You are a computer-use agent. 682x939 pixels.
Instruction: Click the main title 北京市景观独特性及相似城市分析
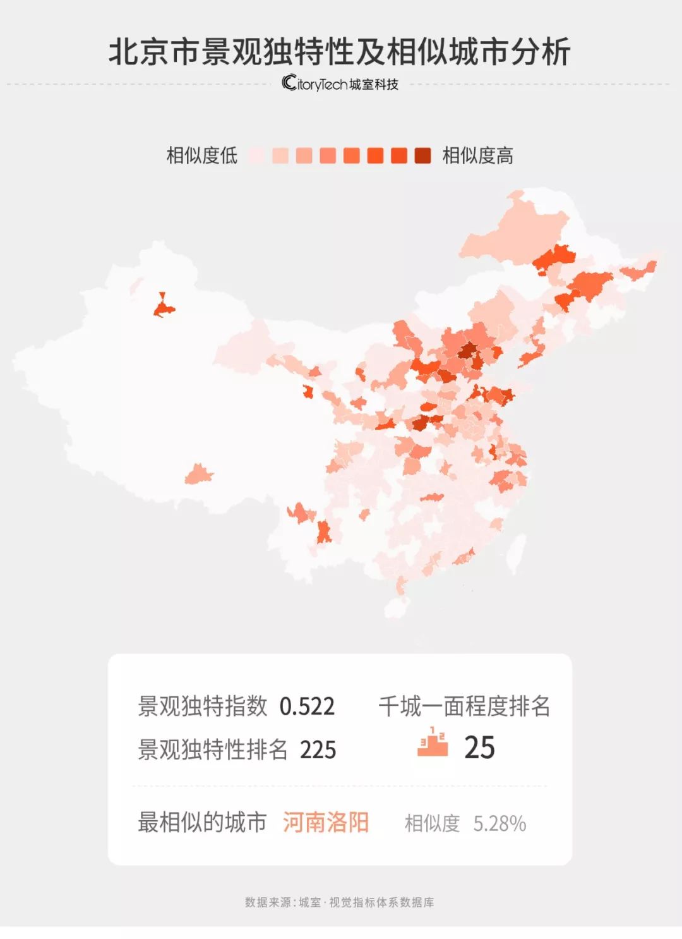click(x=340, y=52)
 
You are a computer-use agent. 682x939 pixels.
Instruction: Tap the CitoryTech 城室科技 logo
click(x=340, y=83)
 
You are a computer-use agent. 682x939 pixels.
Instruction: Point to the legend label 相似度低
click(x=201, y=155)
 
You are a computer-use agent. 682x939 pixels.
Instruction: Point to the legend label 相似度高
click(x=478, y=155)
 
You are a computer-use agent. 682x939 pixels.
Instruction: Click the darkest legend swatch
click(x=422, y=155)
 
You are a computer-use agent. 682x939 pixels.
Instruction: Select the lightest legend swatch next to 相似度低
click(x=256, y=155)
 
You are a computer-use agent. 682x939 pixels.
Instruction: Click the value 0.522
click(x=307, y=706)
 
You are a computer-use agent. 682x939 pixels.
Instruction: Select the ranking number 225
click(x=318, y=750)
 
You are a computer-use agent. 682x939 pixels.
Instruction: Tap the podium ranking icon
click(x=433, y=742)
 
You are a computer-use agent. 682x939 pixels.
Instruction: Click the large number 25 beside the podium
click(x=479, y=748)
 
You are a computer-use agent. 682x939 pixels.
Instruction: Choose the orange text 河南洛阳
click(x=325, y=823)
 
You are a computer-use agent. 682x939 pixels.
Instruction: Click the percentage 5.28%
click(x=500, y=824)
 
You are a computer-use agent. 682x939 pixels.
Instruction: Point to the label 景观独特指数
click(x=203, y=706)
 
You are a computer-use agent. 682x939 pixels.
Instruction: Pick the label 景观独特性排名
click(x=213, y=750)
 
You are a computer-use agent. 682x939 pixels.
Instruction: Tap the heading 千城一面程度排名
click(x=464, y=706)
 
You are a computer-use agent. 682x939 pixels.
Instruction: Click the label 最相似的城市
click(x=202, y=823)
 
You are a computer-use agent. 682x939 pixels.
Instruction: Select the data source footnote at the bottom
click(x=340, y=902)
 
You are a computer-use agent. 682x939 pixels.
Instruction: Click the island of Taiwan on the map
click(x=516, y=553)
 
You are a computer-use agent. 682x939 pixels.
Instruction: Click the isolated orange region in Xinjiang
click(x=164, y=308)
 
